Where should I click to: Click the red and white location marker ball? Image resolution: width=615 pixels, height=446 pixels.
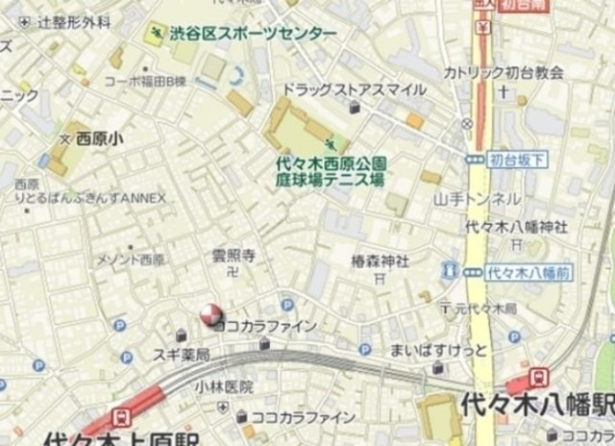pos(209,314)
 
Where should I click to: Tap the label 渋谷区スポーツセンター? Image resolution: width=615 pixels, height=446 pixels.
pos(253,35)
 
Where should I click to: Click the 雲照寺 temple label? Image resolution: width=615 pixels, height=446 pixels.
pos(233,256)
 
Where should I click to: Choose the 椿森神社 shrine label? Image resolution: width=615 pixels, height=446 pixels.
pos(380,260)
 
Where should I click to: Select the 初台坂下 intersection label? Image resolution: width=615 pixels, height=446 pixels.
pos(516,159)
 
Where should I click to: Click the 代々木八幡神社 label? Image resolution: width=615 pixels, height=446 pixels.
pos(515,227)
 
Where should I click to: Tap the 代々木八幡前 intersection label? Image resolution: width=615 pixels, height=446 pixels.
pos(521,272)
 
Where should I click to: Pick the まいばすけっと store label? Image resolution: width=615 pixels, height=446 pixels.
pos(438,348)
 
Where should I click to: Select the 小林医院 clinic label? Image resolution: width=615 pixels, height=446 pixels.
pos(223,386)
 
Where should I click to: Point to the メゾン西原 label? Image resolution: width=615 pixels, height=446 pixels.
pos(131,260)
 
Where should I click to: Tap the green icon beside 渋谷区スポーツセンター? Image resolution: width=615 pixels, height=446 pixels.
pos(154,35)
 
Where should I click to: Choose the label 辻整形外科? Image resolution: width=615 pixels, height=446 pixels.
pos(74,20)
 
